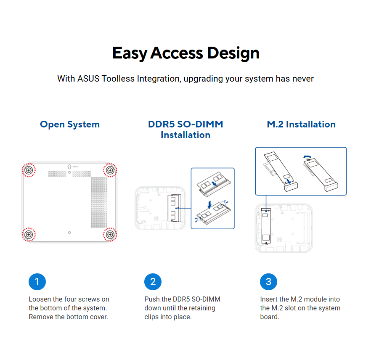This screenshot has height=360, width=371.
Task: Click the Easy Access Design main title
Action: click(x=186, y=53)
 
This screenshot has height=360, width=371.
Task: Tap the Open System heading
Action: click(x=70, y=124)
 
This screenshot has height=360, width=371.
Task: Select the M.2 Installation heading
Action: click(x=301, y=124)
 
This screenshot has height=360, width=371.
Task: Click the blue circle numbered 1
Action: click(x=37, y=282)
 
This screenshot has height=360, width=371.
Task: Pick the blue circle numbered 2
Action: click(x=153, y=282)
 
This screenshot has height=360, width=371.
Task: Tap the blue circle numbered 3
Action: click(x=268, y=282)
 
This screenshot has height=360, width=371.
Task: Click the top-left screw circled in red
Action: click(x=29, y=170)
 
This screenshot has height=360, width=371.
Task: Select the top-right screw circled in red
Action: click(x=110, y=170)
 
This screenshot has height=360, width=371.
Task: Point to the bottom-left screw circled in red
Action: click(x=29, y=234)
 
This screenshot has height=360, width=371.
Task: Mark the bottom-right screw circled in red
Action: click(x=110, y=234)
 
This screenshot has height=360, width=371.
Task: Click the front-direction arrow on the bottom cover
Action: click(x=69, y=167)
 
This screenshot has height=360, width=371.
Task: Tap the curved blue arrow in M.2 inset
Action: click(x=307, y=156)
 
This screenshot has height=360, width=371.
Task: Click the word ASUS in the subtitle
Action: click(x=88, y=79)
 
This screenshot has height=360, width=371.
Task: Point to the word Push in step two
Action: click(x=152, y=299)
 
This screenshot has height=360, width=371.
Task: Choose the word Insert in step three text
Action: click(x=269, y=299)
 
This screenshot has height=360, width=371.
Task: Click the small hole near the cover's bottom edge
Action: click(x=69, y=233)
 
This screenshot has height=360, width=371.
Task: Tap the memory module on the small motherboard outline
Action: click(x=174, y=208)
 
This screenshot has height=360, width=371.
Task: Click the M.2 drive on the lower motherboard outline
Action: click(x=266, y=226)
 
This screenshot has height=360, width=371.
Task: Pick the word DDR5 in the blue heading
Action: click(x=162, y=124)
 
